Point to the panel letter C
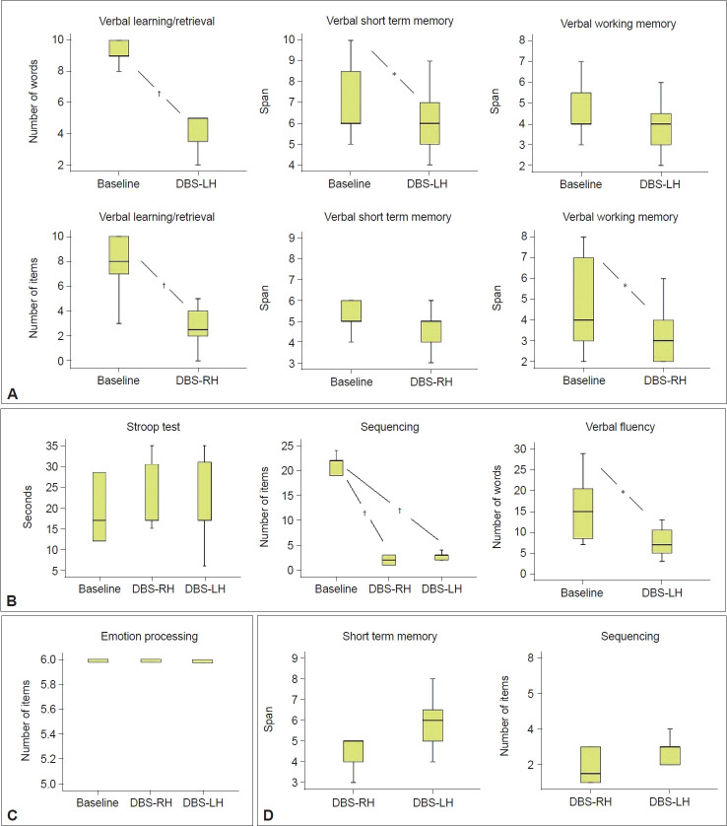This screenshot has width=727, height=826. click(11, 815)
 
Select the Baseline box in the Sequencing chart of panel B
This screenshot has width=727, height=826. click(336, 467)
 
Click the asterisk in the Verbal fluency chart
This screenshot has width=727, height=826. click(623, 491)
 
